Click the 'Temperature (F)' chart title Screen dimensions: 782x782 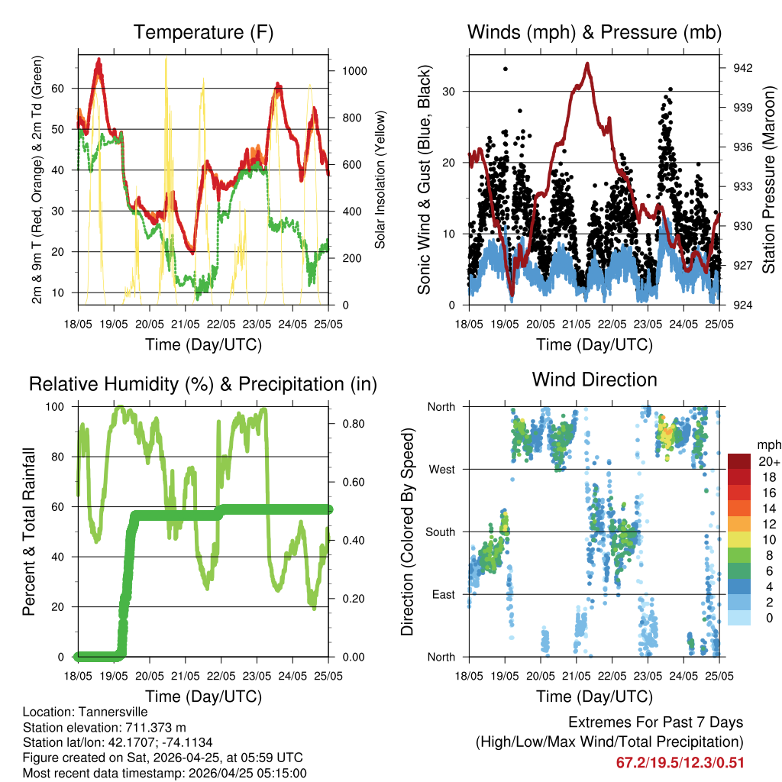point(203,33)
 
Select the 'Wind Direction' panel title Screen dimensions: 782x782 point(594,380)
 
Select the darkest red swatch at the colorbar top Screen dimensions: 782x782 point(739,461)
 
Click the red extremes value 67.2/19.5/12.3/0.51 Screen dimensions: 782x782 point(680,762)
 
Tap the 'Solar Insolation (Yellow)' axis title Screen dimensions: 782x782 point(381,179)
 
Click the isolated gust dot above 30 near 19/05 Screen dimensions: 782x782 point(505,69)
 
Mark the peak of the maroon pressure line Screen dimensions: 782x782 point(587,63)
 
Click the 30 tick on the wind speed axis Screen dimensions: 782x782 point(451,92)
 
